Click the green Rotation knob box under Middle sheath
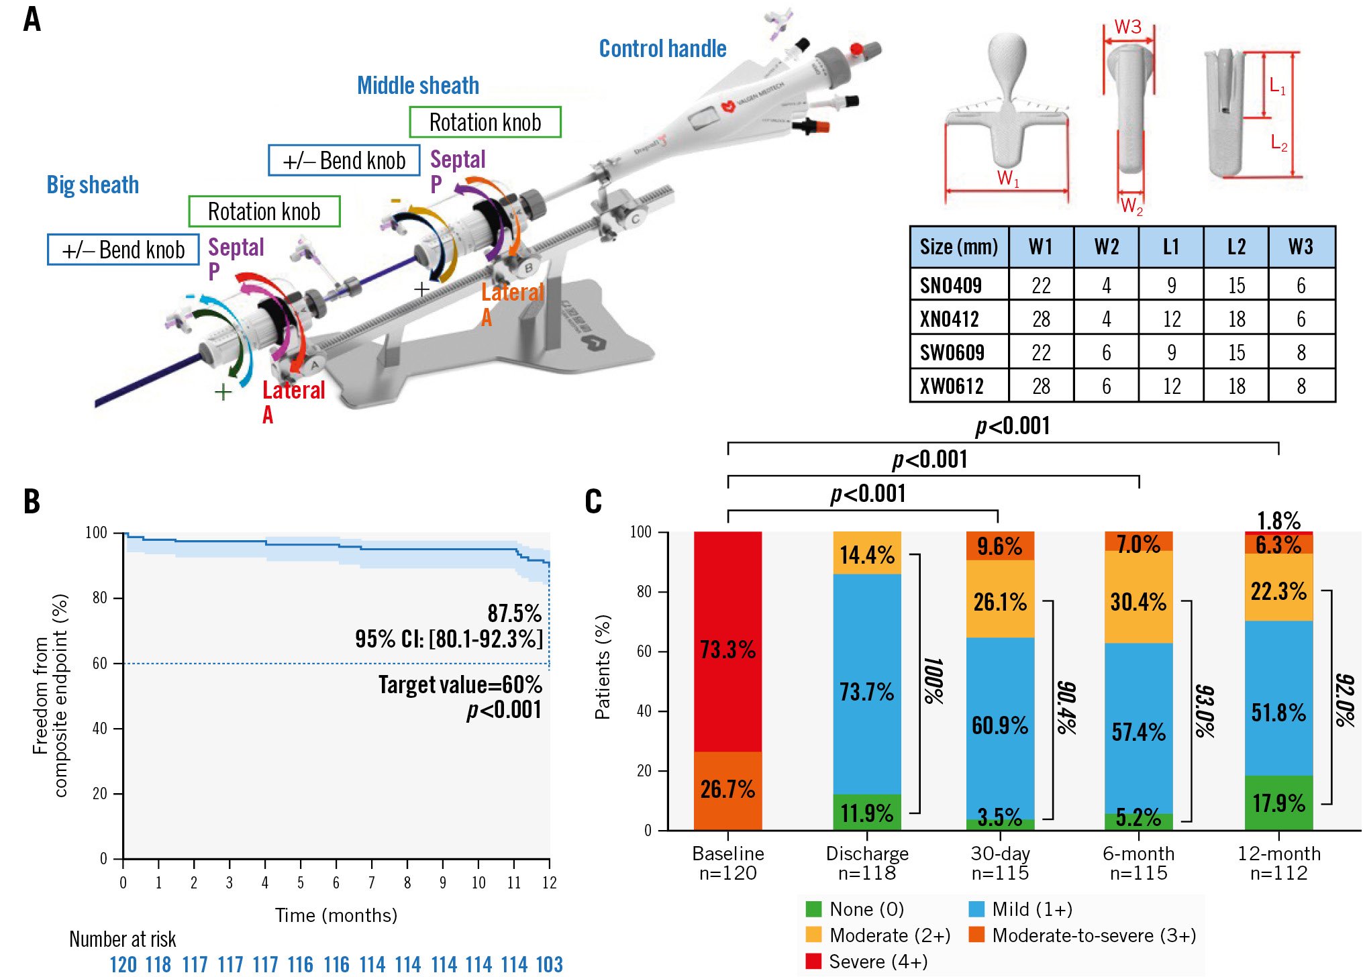click(x=485, y=122)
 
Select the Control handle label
click(x=662, y=49)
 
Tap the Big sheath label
click(x=93, y=185)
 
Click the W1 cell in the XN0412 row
click(x=1041, y=319)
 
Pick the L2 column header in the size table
click(x=1236, y=247)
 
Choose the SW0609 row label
click(x=952, y=352)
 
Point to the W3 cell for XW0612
click(x=1301, y=386)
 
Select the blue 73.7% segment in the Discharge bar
click(x=866, y=691)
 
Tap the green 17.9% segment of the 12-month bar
click(x=1278, y=803)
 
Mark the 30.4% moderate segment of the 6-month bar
click(x=1138, y=602)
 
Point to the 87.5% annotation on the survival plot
click(x=514, y=613)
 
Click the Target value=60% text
click(x=460, y=684)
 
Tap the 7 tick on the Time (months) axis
click(x=372, y=882)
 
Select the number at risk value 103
click(x=549, y=964)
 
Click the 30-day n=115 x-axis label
click(x=1000, y=863)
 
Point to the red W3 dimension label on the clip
click(x=1127, y=27)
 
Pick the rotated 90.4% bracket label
click(x=1066, y=708)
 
